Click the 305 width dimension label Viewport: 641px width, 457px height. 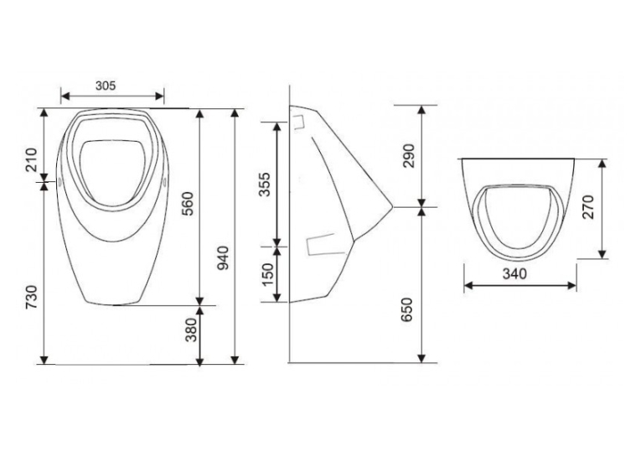click(106, 86)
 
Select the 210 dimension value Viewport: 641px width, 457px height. click(32, 159)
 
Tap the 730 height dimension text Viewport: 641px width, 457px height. click(32, 297)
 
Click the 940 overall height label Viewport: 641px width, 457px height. click(223, 258)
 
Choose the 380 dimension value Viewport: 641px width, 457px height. click(191, 330)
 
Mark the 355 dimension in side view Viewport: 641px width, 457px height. click(265, 184)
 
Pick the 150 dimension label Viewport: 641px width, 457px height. click(267, 274)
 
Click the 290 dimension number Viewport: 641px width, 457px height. click(408, 155)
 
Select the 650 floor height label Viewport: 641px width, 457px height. click(407, 309)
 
